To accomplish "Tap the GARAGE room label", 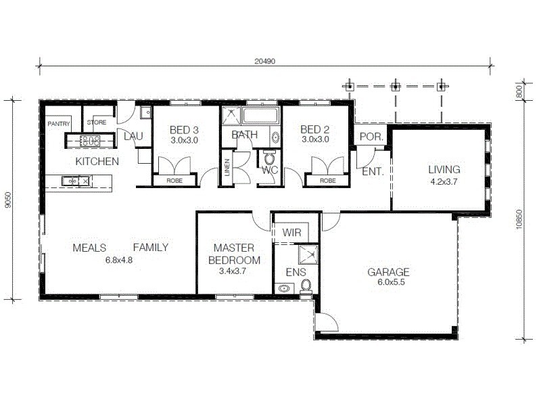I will click(388, 273).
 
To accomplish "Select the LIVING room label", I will click(444, 169).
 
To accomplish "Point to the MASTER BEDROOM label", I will click(234, 254).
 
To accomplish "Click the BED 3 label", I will click(183, 130).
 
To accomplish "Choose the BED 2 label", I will click(314, 130).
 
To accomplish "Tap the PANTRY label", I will click(59, 124).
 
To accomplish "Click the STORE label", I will click(97, 122).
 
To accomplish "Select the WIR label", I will click(291, 232).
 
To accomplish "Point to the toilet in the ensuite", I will click(306, 286).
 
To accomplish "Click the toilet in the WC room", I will click(270, 160).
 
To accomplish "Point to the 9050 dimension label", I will click(7, 201).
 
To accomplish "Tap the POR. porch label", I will click(371, 136).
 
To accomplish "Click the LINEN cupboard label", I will click(228, 167).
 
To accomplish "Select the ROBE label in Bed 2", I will click(327, 181).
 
